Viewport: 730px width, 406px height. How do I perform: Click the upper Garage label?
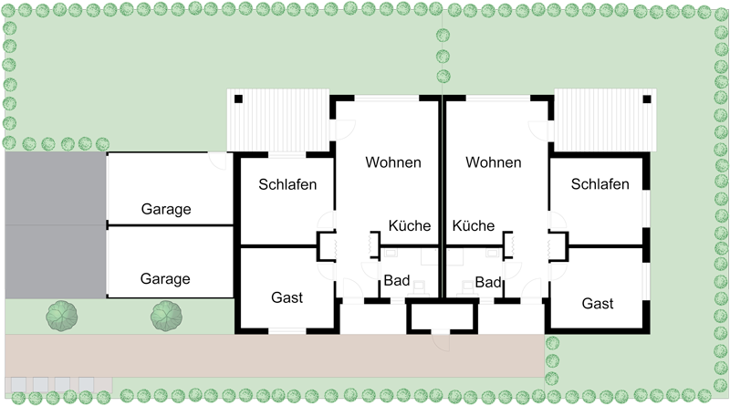pos(166,209)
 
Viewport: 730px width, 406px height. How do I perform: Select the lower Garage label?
pos(165,279)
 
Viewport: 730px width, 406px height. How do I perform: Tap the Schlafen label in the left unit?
pos(287,184)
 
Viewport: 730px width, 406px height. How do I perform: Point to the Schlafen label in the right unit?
pos(600,184)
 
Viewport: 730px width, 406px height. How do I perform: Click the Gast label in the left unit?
pos(287,297)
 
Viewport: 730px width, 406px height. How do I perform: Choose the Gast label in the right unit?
pos(598,304)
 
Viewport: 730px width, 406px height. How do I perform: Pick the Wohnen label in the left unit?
pos(393,162)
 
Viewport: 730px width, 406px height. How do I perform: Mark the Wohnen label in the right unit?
pos(493,162)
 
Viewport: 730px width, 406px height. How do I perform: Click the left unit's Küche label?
pos(409,225)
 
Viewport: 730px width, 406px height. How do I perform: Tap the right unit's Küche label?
pos(473,225)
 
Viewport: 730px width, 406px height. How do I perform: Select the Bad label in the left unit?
pos(397,280)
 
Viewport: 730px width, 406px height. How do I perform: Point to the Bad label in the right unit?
pos(488,282)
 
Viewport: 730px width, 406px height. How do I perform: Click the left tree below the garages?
pos(62,317)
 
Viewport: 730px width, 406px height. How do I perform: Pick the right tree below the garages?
pos(166,317)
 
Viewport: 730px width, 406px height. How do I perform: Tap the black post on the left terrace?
pos(238,99)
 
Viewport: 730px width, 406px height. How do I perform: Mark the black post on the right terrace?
pos(647,99)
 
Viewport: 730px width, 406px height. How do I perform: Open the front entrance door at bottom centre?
pos(441,340)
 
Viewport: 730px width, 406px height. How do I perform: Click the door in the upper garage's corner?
pos(217,161)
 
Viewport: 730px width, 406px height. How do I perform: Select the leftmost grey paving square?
pos(18,385)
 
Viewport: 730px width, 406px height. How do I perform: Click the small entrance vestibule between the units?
pos(443,317)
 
